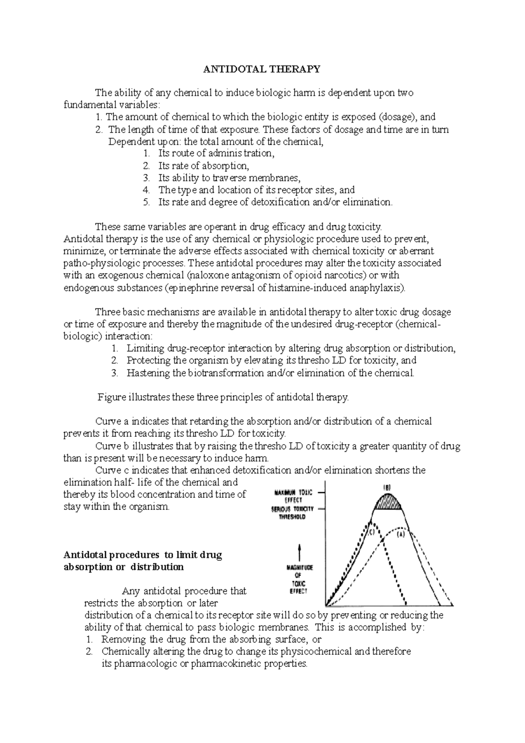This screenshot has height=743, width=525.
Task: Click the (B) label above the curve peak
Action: [387, 487]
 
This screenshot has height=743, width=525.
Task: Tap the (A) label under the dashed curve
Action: [401, 534]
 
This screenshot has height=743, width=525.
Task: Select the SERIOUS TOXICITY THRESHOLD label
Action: [293, 513]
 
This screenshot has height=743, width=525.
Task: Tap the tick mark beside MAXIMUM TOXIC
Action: [322, 492]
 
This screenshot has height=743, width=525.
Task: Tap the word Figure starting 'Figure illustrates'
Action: [111, 397]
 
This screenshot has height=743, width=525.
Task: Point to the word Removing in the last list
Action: [119, 639]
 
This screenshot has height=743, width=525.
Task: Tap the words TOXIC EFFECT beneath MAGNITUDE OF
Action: [297, 588]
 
